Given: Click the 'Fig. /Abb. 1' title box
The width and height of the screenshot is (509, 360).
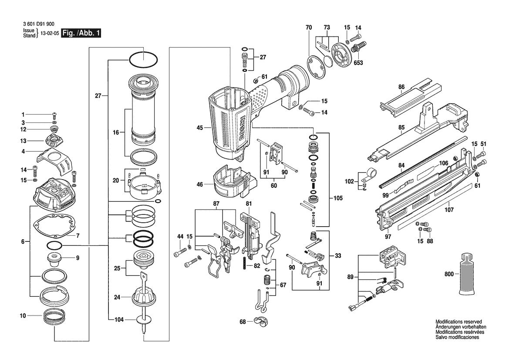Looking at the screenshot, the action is tap(81, 33).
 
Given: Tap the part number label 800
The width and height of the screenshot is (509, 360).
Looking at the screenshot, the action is tap(449, 274).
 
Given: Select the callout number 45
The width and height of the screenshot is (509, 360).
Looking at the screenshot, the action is tap(200, 128).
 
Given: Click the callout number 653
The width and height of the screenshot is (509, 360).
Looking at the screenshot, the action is tap(358, 63).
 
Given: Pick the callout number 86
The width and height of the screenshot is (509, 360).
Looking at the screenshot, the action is tap(401, 87).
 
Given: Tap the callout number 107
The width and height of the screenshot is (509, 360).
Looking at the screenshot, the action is tap(449, 210).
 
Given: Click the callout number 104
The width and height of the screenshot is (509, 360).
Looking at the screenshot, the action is tap(119, 320).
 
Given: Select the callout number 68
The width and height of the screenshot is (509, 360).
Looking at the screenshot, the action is tap(243, 322).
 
